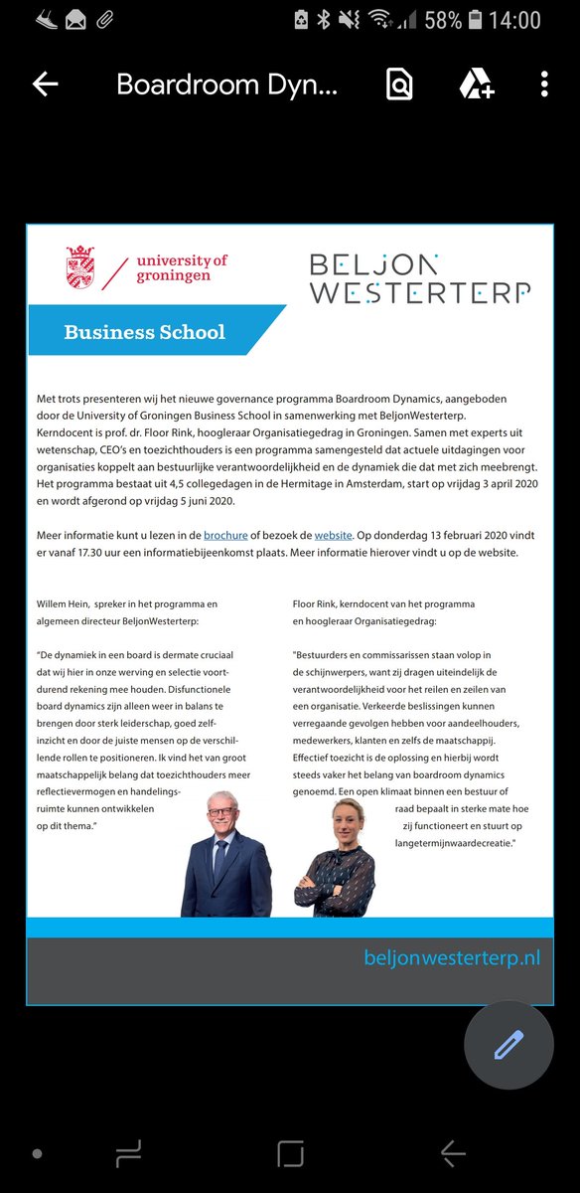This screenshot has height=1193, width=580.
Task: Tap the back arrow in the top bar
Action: [46, 85]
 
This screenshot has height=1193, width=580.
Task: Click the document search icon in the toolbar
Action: [399, 85]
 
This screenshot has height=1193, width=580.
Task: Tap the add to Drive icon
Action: [476, 85]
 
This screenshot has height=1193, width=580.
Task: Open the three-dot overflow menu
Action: [544, 85]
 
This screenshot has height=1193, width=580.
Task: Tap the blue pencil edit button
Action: [508, 1045]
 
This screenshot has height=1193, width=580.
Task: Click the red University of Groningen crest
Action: [80, 267]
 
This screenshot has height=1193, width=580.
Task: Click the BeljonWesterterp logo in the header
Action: [419, 277]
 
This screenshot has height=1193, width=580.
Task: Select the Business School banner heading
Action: [144, 332]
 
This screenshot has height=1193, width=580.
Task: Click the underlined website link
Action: [334, 535]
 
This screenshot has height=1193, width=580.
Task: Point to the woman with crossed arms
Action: [334, 860]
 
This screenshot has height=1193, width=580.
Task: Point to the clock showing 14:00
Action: [515, 19]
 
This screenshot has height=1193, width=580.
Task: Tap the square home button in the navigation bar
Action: [290, 1153]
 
